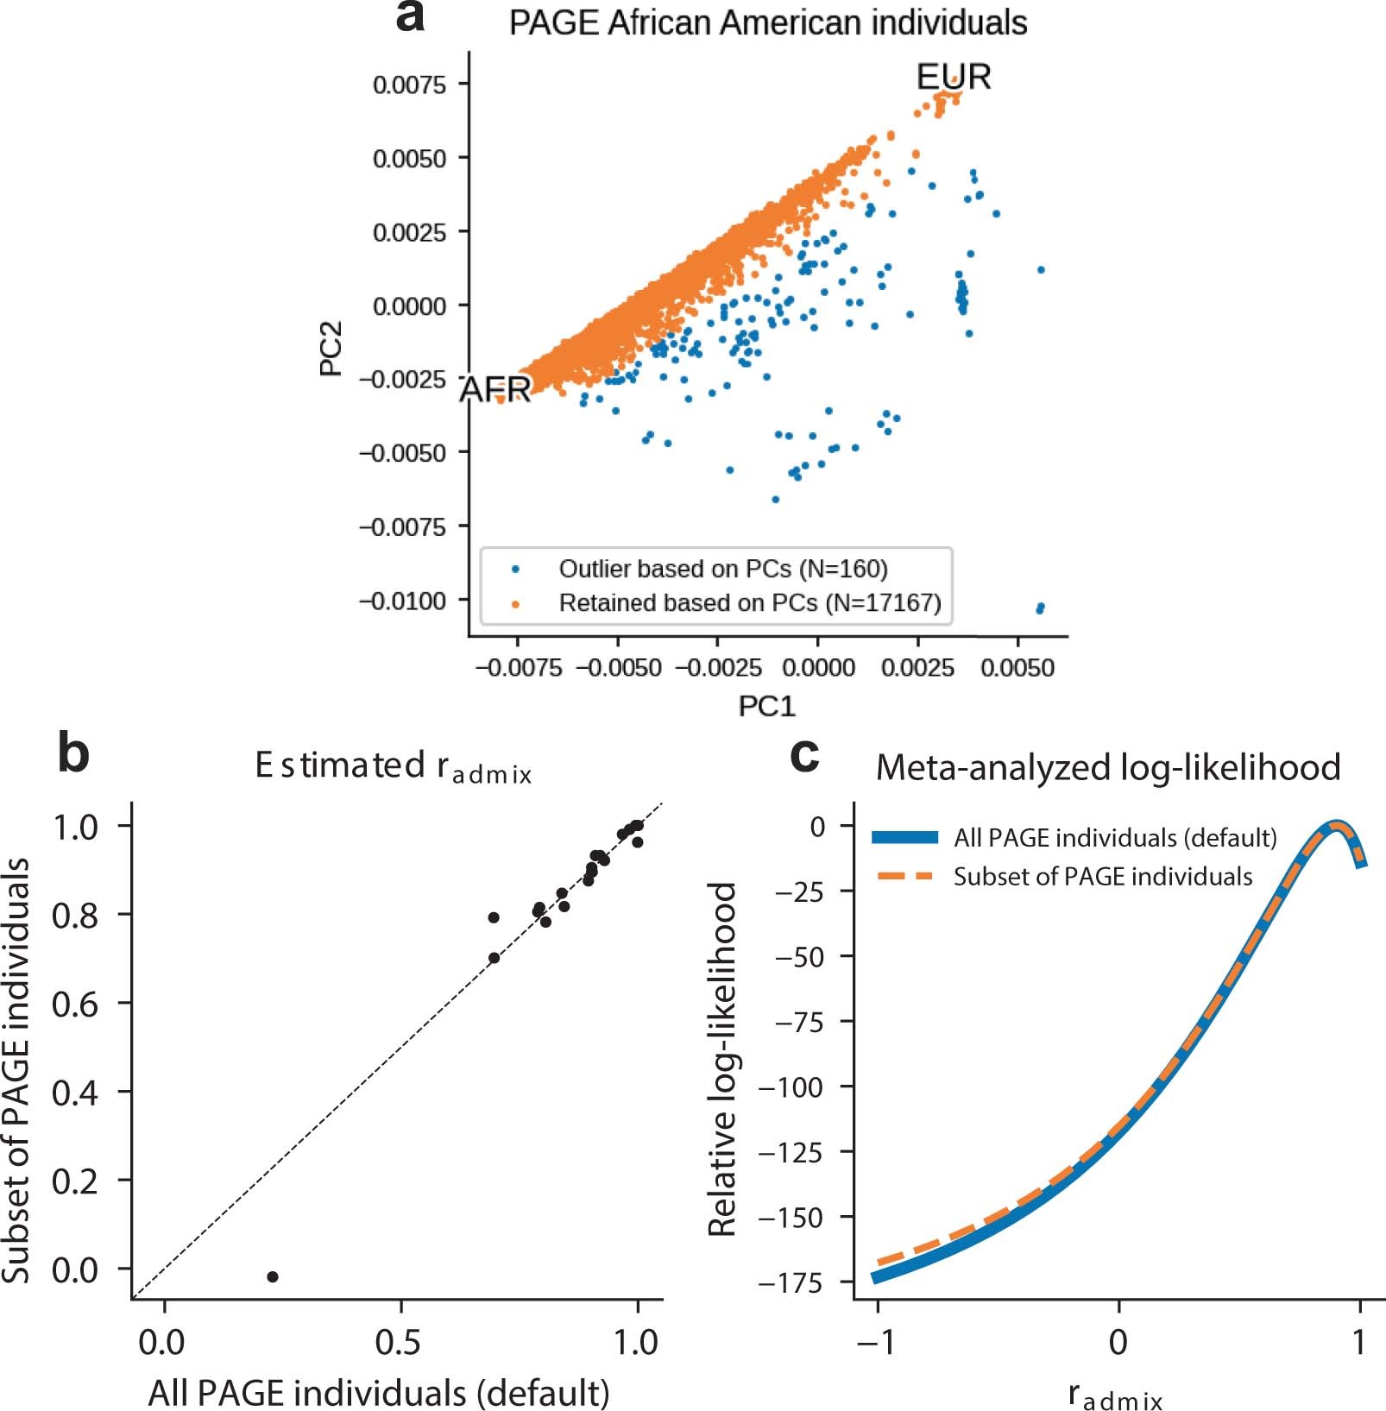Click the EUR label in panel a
click(953, 77)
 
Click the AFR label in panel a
click(495, 389)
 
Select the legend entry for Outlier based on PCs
click(722, 569)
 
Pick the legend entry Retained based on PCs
click(749, 602)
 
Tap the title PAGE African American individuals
click(767, 23)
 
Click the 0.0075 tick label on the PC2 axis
click(409, 85)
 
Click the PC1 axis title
click(765, 706)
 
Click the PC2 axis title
click(331, 349)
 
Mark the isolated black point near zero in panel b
click(273, 1276)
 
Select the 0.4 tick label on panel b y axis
click(75, 1093)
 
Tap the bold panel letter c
click(804, 756)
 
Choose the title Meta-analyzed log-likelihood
click(1108, 767)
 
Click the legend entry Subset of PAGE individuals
click(1102, 877)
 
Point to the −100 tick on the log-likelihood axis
click(791, 1087)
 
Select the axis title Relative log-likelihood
click(721, 1059)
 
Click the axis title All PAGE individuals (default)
click(379, 1392)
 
